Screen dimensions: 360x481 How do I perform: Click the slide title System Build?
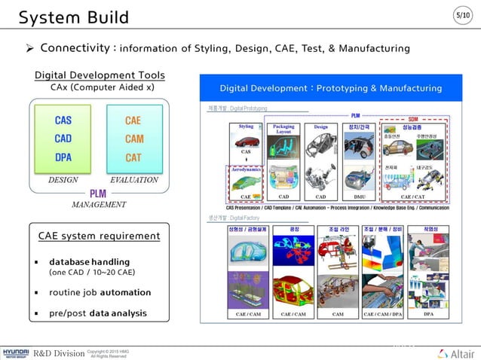coord(73,17)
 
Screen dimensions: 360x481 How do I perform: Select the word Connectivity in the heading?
coord(78,47)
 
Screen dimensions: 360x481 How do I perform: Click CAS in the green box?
coord(63,120)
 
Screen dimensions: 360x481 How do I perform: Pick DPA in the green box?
coord(63,157)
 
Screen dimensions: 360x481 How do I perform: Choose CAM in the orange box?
coord(133,139)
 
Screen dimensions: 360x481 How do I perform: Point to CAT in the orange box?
coord(133,157)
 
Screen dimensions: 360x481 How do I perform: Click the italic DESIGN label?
coord(63,180)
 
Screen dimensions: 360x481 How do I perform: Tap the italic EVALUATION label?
coord(133,180)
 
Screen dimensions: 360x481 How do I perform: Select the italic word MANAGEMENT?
coord(98,204)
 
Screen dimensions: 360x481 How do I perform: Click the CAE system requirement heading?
coord(99,236)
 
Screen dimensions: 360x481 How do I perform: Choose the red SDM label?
coord(412,119)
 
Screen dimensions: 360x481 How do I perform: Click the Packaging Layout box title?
coord(283,129)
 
